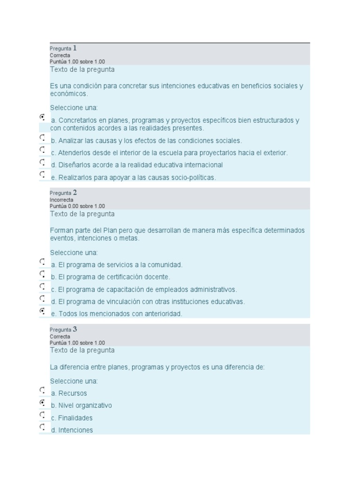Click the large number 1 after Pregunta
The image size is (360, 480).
[x=75, y=48]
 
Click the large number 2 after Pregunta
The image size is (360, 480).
[x=75, y=192]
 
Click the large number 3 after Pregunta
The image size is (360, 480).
[x=75, y=329]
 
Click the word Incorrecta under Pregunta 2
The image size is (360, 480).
[x=58, y=199]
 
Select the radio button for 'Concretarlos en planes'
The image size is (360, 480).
[x=43, y=117]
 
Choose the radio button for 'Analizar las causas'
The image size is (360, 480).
[x=43, y=138]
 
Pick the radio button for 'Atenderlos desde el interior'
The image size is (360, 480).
[x=43, y=150]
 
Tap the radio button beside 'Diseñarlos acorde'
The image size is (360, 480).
[x=43, y=162]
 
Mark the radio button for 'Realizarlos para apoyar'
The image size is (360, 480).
[x=43, y=174]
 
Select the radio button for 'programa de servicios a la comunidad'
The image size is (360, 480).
[x=43, y=262]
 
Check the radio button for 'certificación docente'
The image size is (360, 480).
[x=43, y=274]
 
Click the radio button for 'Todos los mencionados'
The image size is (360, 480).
[x=43, y=311]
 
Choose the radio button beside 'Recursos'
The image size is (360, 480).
[x=43, y=390]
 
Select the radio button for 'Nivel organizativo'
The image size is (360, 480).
[x=43, y=403]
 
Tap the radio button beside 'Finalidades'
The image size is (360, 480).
[x=43, y=415]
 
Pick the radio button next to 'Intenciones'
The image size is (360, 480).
[x=43, y=427]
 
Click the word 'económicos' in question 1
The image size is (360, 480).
[x=68, y=94]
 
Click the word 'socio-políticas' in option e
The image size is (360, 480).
[x=192, y=178]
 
